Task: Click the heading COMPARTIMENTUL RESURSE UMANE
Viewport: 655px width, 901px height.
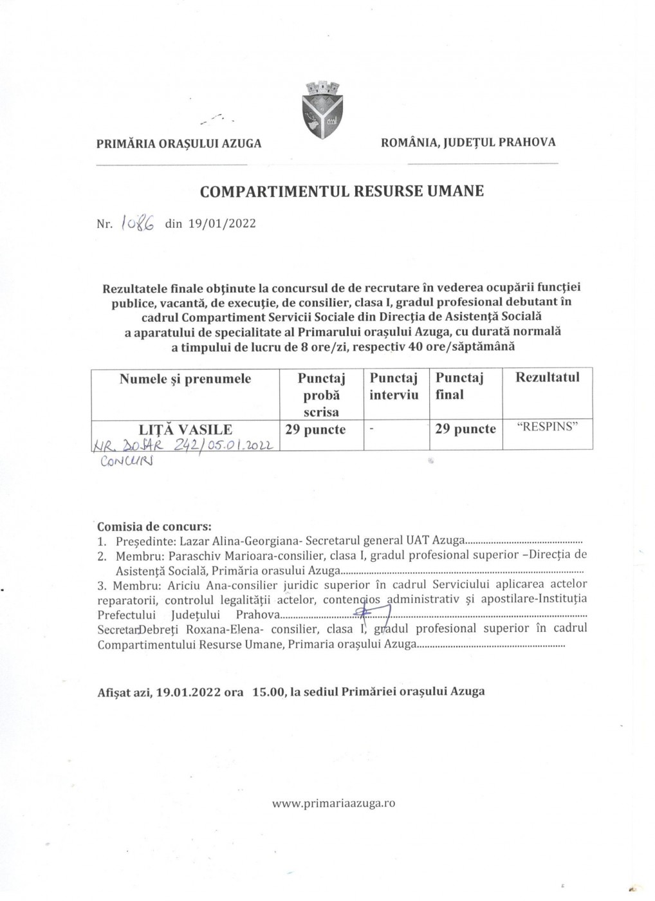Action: click(x=342, y=191)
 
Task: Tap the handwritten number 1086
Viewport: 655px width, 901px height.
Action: click(x=136, y=223)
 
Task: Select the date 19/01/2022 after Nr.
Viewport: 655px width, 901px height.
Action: click(x=222, y=224)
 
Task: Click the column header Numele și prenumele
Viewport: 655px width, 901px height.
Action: click(x=185, y=379)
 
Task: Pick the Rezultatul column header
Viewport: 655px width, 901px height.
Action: click(x=547, y=378)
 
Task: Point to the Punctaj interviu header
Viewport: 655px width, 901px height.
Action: click(x=394, y=386)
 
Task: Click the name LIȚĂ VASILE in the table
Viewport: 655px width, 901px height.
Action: click(x=186, y=429)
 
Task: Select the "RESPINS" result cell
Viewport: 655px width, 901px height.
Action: click(x=547, y=428)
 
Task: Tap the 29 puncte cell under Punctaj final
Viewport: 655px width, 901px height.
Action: click(x=465, y=429)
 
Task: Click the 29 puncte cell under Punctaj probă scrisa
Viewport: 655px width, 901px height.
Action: click(x=315, y=429)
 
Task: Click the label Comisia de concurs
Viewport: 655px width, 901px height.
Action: click(x=154, y=526)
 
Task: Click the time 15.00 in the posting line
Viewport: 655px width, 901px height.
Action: click(x=268, y=692)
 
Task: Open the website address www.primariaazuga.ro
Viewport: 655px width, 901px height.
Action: click(x=333, y=803)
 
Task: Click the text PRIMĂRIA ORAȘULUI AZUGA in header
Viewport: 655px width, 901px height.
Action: click(x=179, y=144)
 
